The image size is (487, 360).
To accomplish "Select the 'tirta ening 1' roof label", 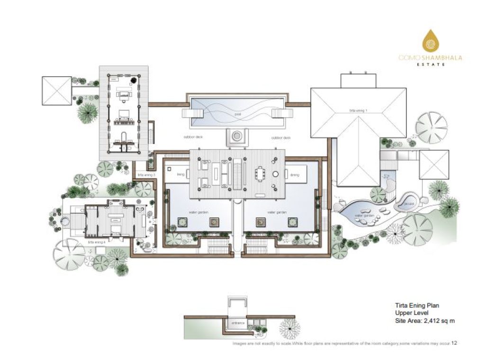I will pos(359,110).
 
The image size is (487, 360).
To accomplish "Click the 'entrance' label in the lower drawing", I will pos(238,323).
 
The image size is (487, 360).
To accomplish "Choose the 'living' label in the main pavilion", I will pos(180,175).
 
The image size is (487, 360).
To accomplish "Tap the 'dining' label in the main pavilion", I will pos(294,175).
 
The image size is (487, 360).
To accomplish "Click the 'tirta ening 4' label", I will pos(97,242).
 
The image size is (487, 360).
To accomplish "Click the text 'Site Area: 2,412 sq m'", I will pos(425,321).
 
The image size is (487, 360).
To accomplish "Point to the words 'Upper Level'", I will pos(411,313).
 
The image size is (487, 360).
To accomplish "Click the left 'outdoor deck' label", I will pos(193,138).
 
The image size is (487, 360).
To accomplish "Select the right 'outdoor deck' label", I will pos(281,138).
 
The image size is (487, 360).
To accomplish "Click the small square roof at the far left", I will pos(56,91).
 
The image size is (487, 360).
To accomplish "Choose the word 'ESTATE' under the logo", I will pos(431,64).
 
